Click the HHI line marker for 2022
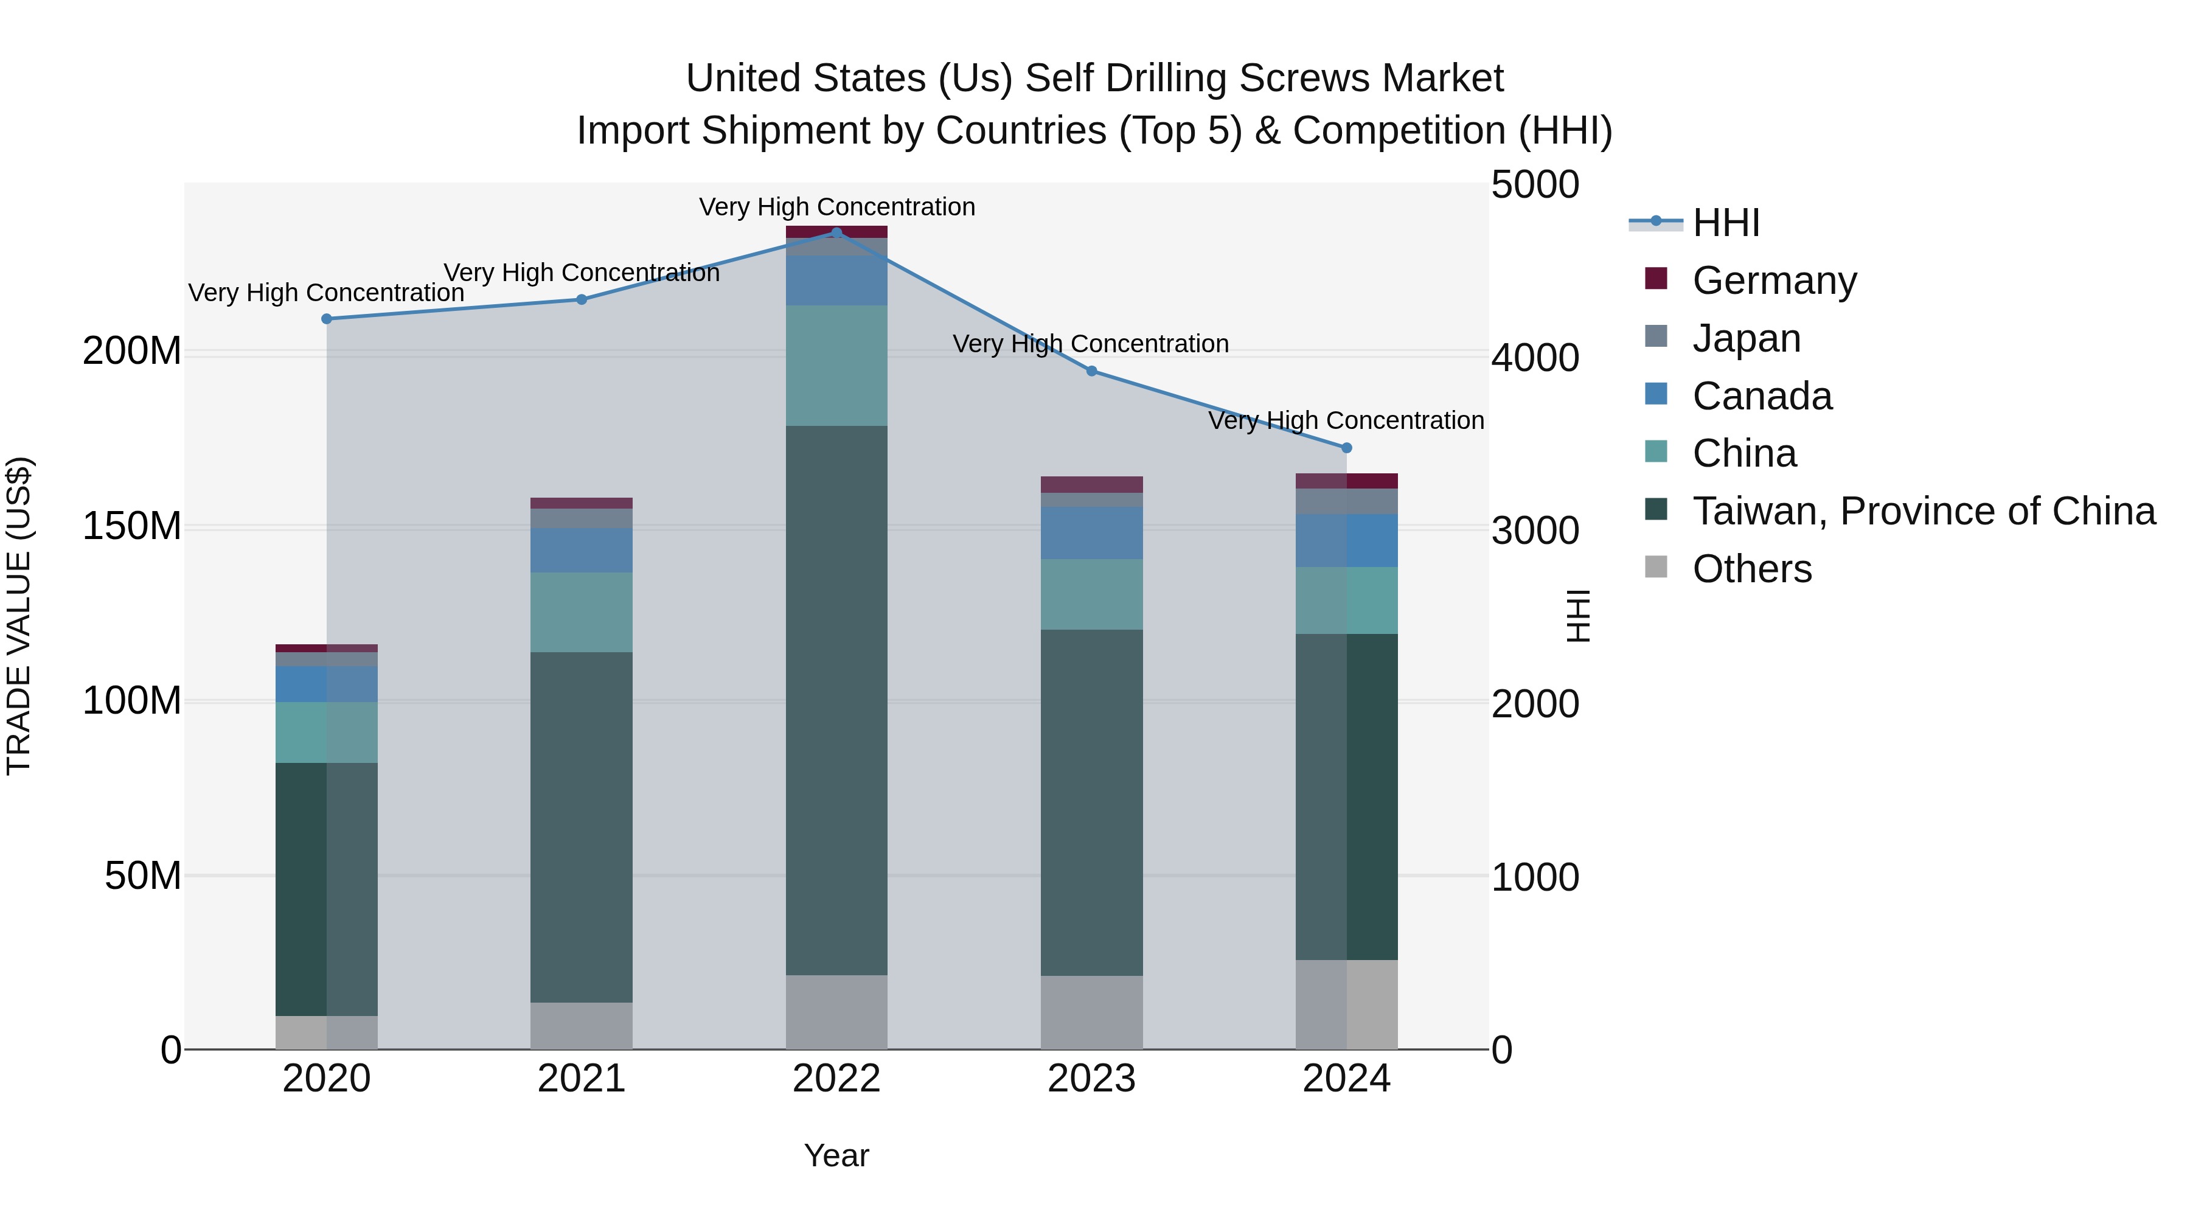[x=836, y=233]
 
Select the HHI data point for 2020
[x=327, y=319]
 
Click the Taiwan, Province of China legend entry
[x=1923, y=511]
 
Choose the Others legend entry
[x=1751, y=569]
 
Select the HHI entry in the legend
[x=1725, y=223]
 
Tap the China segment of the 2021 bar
[x=582, y=612]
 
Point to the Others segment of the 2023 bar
[x=1091, y=1012]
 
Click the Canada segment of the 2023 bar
[x=1091, y=533]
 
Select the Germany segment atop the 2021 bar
[x=582, y=503]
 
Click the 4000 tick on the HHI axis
[x=1535, y=358]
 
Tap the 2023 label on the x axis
[x=1091, y=1079]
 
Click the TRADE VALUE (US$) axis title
[x=19, y=616]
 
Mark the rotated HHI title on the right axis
[x=1578, y=616]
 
